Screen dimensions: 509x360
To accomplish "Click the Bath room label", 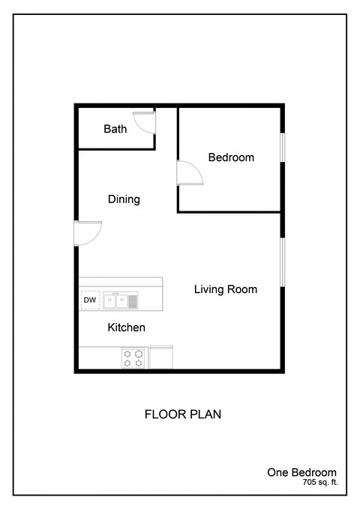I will tap(115, 129).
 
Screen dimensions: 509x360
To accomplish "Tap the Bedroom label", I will tap(231, 157).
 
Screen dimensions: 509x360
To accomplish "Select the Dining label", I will tap(124, 199).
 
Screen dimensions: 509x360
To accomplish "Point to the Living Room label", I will tap(226, 289).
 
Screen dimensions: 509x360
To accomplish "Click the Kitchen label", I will tap(126, 328).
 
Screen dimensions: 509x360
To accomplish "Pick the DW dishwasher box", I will tap(90, 301).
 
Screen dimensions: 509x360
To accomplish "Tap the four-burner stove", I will tap(133, 358).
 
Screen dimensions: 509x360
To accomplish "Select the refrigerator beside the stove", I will tap(161, 357).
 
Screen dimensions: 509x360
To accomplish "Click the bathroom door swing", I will tap(144, 122).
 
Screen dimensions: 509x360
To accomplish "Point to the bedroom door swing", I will tap(188, 173).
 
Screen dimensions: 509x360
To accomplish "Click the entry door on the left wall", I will tap(88, 232).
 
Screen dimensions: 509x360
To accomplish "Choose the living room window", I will tap(283, 262).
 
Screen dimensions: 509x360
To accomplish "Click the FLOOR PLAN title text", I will tap(182, 414).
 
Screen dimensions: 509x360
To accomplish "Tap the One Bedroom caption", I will tap(301, 472).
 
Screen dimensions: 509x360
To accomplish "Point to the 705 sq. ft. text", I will tap(315, 484).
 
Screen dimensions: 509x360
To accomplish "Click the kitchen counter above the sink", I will tap(120, 283).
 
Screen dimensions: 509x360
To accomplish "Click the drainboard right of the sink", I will tap(133, 301).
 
